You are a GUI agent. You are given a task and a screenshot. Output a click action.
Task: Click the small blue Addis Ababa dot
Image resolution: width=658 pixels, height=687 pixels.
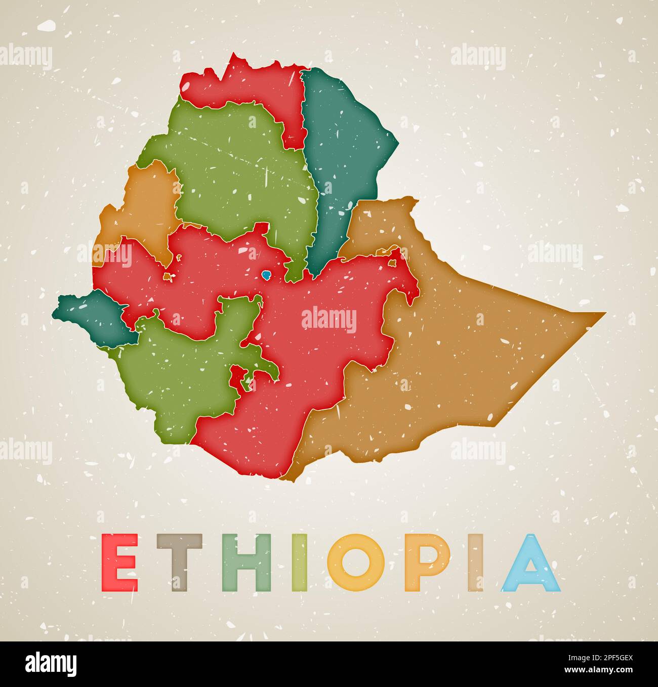(x=266, y=275)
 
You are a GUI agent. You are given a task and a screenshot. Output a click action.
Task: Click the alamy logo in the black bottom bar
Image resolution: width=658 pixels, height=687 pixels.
(x=51, y=664)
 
